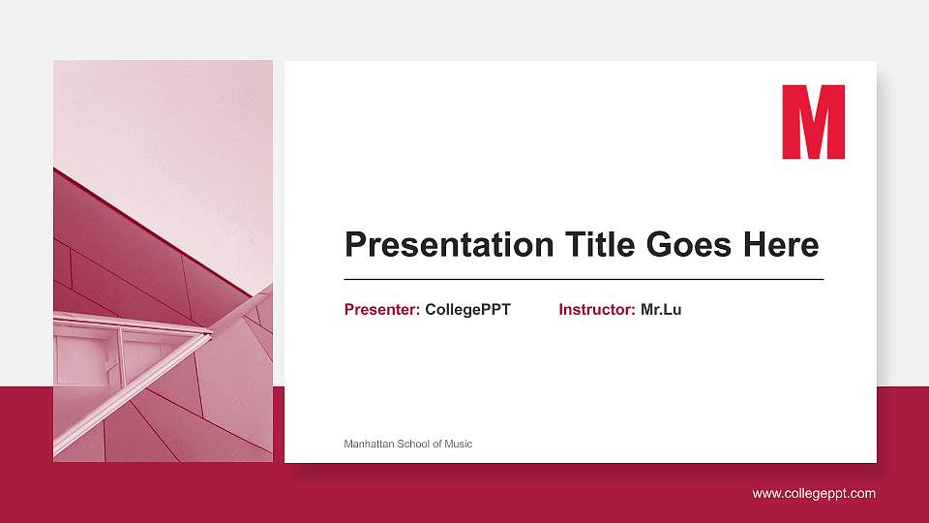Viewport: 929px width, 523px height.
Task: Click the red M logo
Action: tap(813, 122)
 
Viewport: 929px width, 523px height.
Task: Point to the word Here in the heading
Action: tap(781, 244)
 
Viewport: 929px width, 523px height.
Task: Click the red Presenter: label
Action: tap(382, 310)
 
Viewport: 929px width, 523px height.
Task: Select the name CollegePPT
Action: tap(467, 310)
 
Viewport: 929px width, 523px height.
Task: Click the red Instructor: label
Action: tap(597, 310)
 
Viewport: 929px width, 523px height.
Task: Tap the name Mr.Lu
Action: tap(661, 310)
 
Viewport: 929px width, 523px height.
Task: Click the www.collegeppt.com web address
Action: tap(814, 494)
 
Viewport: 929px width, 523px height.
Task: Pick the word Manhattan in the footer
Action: tap(368, 444)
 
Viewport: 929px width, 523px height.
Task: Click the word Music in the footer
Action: tap(459, 444)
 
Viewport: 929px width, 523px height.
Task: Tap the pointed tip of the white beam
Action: tap(209, 334)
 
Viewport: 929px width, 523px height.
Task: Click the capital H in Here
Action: tap(755, 244)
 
